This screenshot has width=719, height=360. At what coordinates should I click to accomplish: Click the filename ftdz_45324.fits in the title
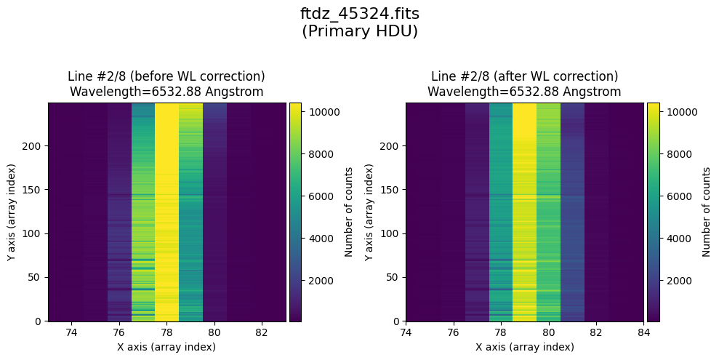coord(359,14)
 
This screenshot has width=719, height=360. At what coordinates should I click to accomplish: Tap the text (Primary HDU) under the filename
coord(359,31)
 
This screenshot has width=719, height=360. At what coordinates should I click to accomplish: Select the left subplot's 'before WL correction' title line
coord(166,76)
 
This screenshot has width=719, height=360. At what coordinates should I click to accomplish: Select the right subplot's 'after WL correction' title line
coord(524,76)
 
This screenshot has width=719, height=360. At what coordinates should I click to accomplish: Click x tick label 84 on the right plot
coord(643,333)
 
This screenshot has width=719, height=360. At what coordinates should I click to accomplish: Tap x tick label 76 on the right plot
coord(453,333)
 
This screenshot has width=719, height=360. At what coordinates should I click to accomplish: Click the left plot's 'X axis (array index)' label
coord(166,347)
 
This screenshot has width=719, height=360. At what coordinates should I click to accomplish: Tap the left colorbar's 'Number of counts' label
coord(348,212)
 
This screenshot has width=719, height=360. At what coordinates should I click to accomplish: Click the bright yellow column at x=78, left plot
coord(166,211)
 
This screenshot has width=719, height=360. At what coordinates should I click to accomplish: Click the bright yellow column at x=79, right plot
coord(524,211)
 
